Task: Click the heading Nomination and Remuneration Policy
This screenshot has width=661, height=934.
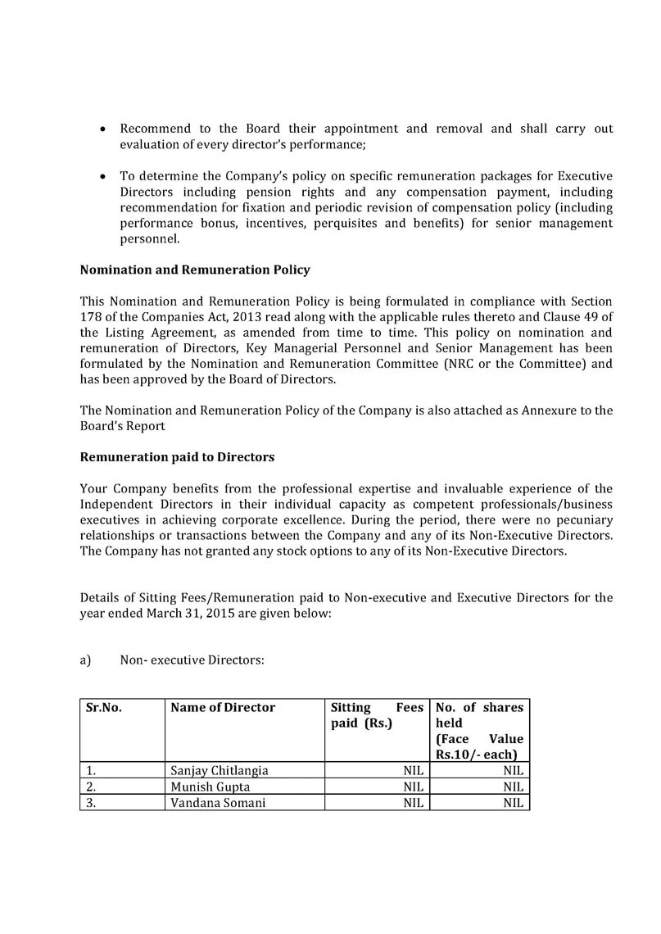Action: [194, 270]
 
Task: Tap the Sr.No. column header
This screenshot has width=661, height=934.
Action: [104, 708]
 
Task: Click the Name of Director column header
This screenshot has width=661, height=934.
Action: [223, 708]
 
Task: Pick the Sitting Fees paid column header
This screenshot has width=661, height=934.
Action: [377, 715]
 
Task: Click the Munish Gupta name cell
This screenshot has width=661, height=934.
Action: [205, 787]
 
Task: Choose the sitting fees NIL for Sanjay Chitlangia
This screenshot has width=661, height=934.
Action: [413, 771]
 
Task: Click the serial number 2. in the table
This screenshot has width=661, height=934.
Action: [91, 787]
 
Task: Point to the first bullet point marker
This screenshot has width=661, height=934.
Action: [102, 130]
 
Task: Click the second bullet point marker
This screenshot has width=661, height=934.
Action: [102, 177]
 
